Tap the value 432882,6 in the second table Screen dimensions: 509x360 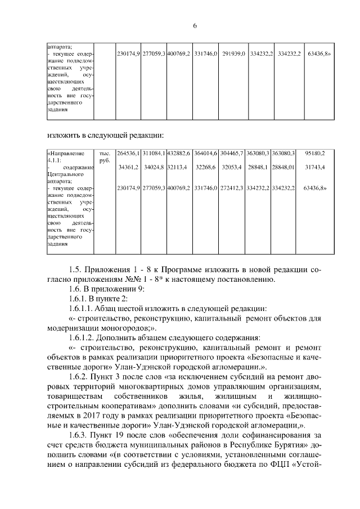179,153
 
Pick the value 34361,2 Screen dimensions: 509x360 129,167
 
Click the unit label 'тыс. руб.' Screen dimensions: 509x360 104,156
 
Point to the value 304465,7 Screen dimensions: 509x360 232,153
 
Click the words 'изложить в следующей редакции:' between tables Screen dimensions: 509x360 105,135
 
